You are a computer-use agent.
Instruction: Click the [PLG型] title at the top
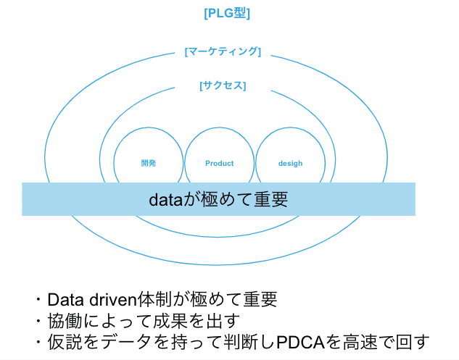[x=227, y=13]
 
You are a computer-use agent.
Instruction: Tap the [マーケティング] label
[x=223, y=51]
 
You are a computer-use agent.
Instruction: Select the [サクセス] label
[x=223, y=85]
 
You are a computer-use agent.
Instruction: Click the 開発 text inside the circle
[x=149, y=163]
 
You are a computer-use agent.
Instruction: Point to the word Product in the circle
[x=220, y=163]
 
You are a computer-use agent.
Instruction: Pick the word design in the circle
[x=290, y=164]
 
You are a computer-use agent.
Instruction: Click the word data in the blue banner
[x=165, y=200]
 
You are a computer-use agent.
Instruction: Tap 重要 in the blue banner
[x=271, y=199]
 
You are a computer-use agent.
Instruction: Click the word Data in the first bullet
[x=66, y=299]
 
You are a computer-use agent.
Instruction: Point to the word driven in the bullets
[x=113, y=299]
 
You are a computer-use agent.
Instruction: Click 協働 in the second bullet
[x=65, y=321]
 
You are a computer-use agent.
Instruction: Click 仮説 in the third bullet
[x=65, y=342]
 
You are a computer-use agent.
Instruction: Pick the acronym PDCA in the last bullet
[x=301, y=342]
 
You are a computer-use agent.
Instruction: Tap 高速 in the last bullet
[x=360, y=342]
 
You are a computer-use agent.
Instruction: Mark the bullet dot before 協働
[x=38, y=321]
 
